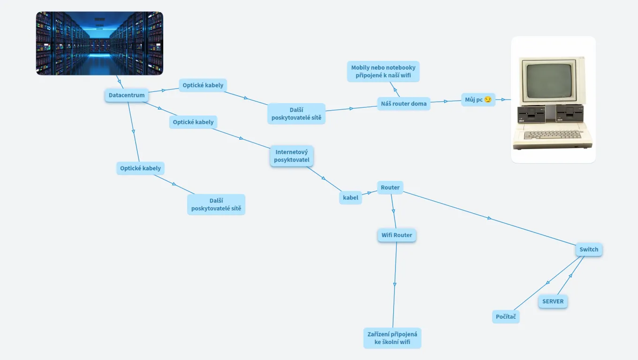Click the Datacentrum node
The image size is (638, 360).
[127, 95]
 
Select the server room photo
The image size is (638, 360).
[99, 43]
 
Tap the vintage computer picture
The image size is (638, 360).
[553, 99]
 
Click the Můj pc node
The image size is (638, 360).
[478, 99]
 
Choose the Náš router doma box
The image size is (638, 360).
[403, 104]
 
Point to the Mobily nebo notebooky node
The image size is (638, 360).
[383, 71]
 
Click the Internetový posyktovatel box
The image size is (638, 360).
[292, 156]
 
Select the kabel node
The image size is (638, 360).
[350, 198]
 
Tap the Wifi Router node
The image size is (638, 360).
[396, 235]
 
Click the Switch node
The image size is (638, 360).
[589, 249]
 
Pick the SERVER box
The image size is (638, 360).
[553, 301]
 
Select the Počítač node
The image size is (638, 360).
[506, 317]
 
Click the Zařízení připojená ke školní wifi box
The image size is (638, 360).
[392, 338]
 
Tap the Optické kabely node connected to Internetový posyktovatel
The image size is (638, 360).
[193, 122]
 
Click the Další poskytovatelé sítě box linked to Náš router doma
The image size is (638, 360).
[296, 113]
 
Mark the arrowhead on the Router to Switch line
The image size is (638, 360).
[489, 218]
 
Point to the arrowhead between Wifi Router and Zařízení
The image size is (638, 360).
[395, 284]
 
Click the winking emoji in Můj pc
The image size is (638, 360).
[488, 99]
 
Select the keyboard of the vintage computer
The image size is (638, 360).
[552, 135]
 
